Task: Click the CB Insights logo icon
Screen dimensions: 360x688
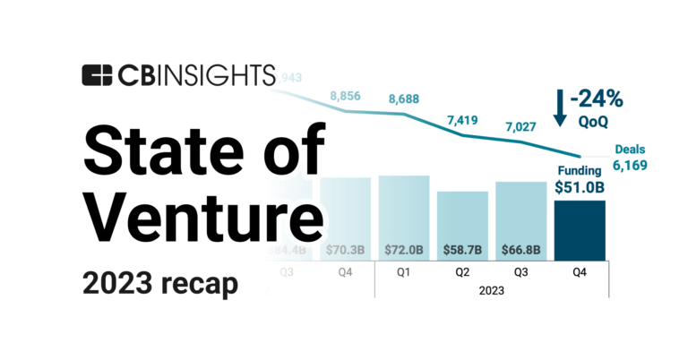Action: point(96,76)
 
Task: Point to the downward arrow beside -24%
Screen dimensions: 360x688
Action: point(560,106)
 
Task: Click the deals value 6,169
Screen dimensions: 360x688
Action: point(630,166)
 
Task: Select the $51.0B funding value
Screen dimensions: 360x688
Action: point(580,186)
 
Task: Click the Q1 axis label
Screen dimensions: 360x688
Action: point(404,275)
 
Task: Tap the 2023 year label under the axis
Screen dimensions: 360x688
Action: point(491,290)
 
